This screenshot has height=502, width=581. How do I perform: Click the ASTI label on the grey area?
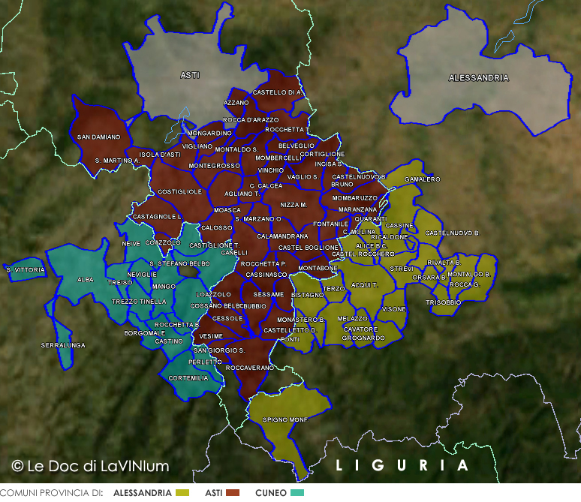pyautogui.click(x=190, y=75)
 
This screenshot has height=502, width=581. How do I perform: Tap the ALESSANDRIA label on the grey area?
pyautogui.click(x=478, y=78)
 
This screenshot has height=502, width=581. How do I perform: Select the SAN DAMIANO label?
pyautogui.click(x=98, y=137)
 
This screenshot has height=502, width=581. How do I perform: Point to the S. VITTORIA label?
pyautogui.click(x=20, y=269)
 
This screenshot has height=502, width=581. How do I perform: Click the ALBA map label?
pyautogui.click(x=85, y=279)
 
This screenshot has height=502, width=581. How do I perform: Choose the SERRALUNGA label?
pyautogui.click(x=62, y=345)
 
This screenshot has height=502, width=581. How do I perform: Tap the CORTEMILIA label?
pyautogui.click(x=188, y=378)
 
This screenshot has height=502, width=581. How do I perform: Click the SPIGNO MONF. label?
pyautogui.click(x=284, y=419)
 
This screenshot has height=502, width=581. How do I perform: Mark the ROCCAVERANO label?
pyautogui.click(x=250, y=368)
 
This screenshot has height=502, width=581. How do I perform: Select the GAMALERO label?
pyautogui.click(x=423, y=180)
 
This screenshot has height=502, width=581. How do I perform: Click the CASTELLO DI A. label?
pyautogui.click(x=277, y=92)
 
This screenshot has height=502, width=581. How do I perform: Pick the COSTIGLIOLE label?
pyautogui.click(x=179, y=191)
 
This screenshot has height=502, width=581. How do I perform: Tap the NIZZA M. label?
pyautogui.click(x=294, y=205)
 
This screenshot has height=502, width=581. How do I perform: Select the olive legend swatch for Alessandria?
pyautogui.click(x=182, y=493)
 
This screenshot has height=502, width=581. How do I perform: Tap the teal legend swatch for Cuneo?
pyautogui.click(x=298, y=493)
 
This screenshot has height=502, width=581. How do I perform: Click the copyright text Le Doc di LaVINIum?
pyautogui.click(x=90, y=466)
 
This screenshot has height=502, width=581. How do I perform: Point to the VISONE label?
pyautogui.click(x=393, y=309)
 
